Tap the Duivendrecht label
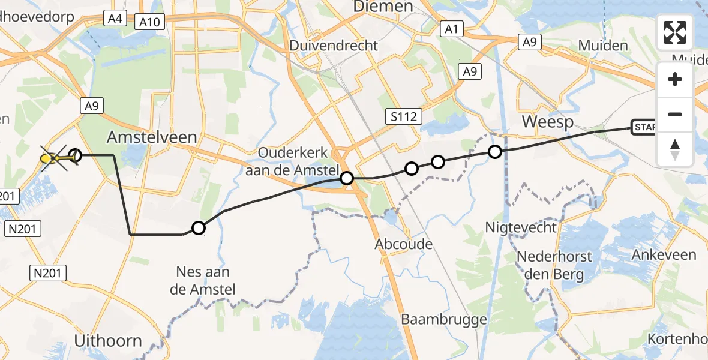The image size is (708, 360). coord(334,46)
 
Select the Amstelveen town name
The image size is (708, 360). coord(152,137)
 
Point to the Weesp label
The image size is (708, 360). coord(548,122)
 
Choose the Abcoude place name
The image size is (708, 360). coord(403,244)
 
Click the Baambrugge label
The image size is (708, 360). coord(444,319)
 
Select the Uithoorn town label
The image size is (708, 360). coord(108,341)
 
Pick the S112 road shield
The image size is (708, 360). coord(402,116)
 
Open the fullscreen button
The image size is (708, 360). coord(675,32)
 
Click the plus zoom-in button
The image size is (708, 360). coord(675,79)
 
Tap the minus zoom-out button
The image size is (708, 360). coord(675,114)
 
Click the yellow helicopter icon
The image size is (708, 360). coord(52,158)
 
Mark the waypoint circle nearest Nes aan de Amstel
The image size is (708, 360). coord(199,228)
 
